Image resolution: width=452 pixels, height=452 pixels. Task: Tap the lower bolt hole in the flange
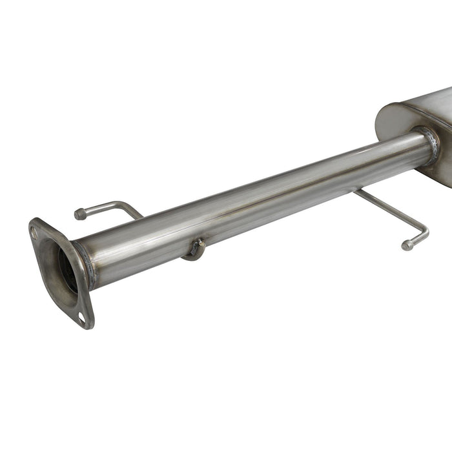tap(81, 316)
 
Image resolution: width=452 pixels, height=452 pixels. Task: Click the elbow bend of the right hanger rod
tap(423, 231)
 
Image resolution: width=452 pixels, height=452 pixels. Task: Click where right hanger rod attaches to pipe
tap(358, 191)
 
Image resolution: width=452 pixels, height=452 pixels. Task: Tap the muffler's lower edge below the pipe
tap(439, 178)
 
